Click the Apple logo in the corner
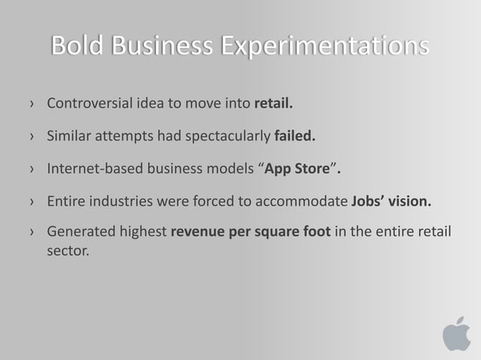click(455, 334)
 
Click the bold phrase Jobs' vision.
click(392, 201)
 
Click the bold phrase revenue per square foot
click(250, 232)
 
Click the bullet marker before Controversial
click(31, 104)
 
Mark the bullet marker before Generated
click(31, 233)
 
